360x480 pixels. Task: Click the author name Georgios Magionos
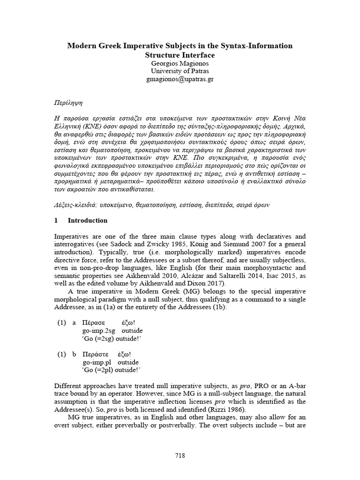pyautogui.click(x=180, y=63)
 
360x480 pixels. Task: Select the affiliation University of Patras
pyautogui.click(x=180, y=71)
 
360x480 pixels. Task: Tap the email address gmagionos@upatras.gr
pyautogui.click(x=180, y=80)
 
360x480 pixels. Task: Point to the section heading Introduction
pyautogui.click(x=88, y=220)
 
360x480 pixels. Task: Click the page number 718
pyautogui.click(x=180, y=455)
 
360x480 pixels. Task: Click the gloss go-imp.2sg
pyautogui.click(x=99, y=331)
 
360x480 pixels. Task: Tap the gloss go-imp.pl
pyautogui.click(x=97, y=362)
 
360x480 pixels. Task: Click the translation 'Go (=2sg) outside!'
pyautogui.click(x=112, y=339)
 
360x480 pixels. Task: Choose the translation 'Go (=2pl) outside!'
pyautogui.click(x=112, y=370)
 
